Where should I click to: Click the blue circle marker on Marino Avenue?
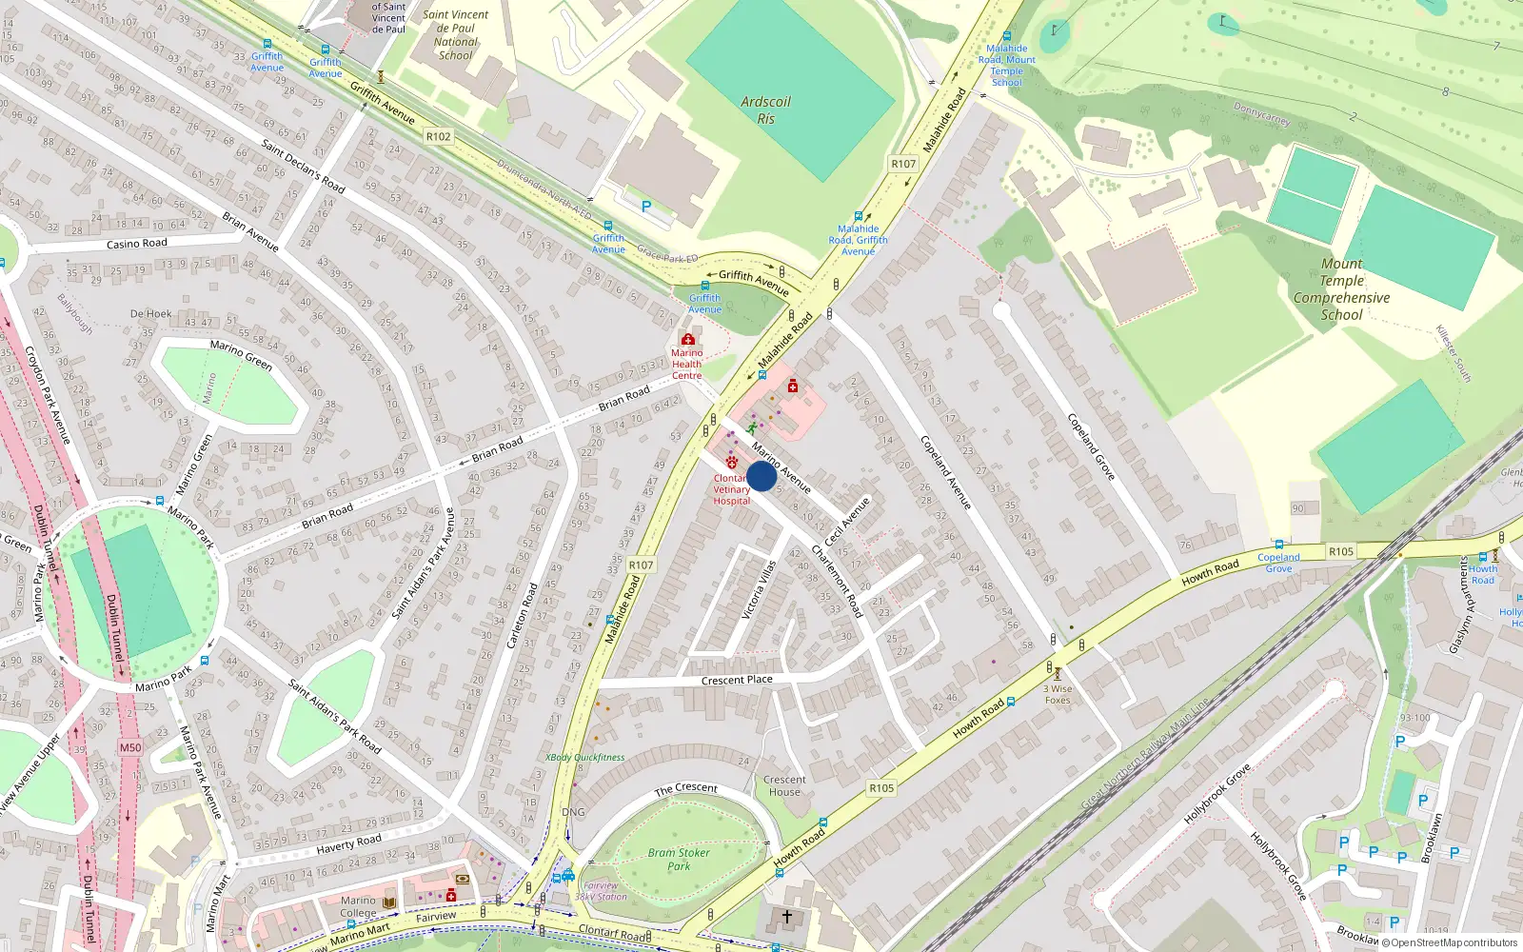pos(761,477)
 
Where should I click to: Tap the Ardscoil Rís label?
pos(766,110)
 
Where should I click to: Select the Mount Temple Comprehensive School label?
pos(1341,289)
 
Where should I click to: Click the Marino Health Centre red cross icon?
pos(687,340)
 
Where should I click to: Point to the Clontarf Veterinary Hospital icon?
pos(731,462)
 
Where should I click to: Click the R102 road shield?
pos(438,136)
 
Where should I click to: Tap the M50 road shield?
pos(130,747)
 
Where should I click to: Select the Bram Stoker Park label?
pos(679,859)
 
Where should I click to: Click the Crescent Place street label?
pos(737,680)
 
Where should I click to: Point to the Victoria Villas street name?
pos(760,590)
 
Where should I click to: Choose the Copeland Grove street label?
pos(1090,446)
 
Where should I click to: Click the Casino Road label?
pos(136,244)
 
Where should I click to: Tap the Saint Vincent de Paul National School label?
pos(455,35)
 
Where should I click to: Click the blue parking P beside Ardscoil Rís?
pos(646,207)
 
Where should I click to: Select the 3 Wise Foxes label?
pos(1058,694)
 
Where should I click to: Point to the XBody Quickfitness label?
pos(585,758)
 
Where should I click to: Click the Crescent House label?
pos(784,785)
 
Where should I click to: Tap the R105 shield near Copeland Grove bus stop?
pos(1341,551)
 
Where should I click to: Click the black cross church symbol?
pos(787,917)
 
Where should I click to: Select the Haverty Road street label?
pos(348,843)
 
